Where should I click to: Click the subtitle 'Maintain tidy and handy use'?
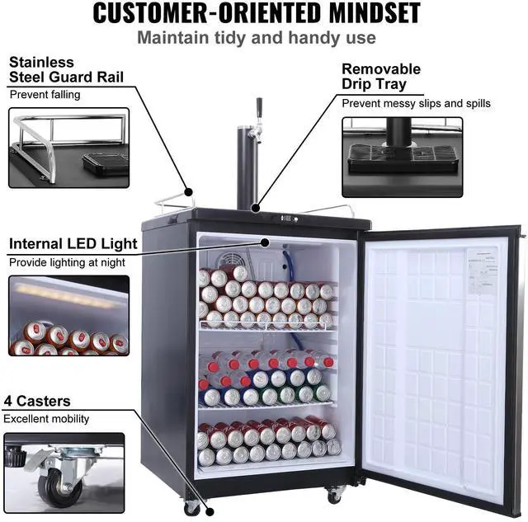click(256, 38)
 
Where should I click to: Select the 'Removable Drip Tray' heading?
click(381, 77)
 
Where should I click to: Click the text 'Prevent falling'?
click(45, 95)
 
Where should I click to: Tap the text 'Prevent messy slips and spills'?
click(416, 104)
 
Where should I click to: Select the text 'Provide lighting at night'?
click(67, 262)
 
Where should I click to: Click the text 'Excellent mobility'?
click(46, 419)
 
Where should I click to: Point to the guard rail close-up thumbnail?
click(68, 148)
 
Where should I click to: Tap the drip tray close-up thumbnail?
click(402, 157)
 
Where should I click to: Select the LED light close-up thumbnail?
click(68, 315)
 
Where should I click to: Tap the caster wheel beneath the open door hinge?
click(333, 494)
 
